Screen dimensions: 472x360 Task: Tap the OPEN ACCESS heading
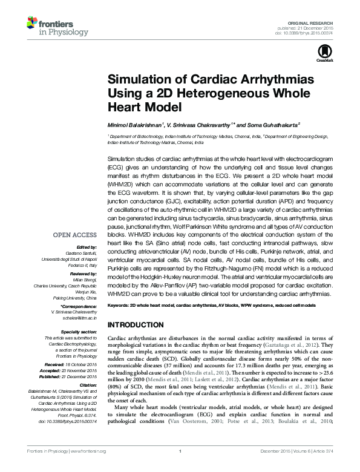coord(74,234)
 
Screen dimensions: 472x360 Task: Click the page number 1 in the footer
coord(180,468)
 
